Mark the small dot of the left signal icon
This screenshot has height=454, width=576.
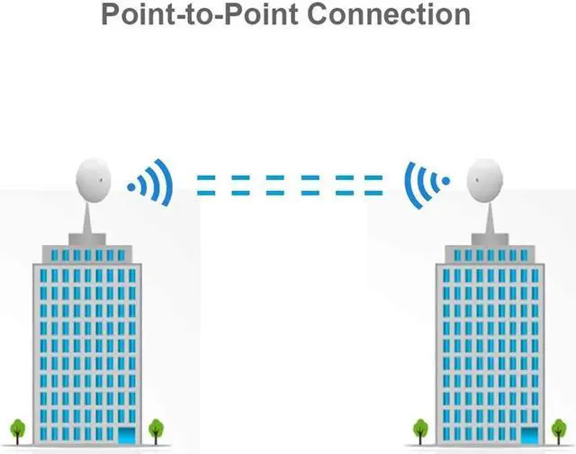pyautogui.click(x=131, y=186)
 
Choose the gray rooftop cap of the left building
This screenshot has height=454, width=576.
pyautogui.click(x=90, y=240)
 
